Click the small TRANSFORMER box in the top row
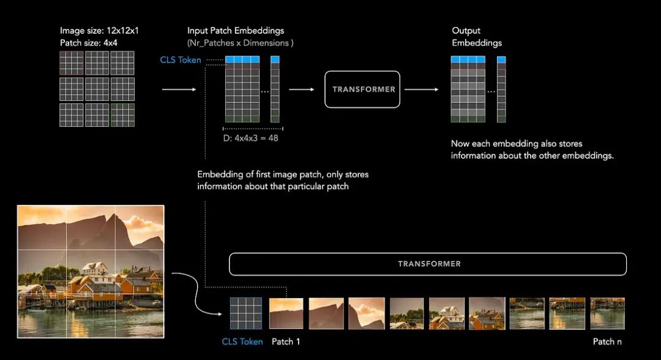tap(364, 89)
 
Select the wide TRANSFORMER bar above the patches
tap(428, 264)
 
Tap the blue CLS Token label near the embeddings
tap(181, 60)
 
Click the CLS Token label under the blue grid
tap(242, 342)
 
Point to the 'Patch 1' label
tap(286, 342)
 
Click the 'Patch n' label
tap(607, 342)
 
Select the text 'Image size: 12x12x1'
tap(99, 31)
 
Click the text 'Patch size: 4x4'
tap(89, 43)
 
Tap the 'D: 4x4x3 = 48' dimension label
tap(251, 138)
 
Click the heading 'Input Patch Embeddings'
tap(236, 31)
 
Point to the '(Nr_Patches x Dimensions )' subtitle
tap(241, 43)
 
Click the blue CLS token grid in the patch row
tap(245, 313)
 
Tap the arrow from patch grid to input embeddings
tap(179, 89)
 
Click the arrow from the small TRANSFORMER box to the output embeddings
tap(422, 89)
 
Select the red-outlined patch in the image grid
tap(72, 63)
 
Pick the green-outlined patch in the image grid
tap(122, 114)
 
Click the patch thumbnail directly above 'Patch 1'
tap(286, 313)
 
